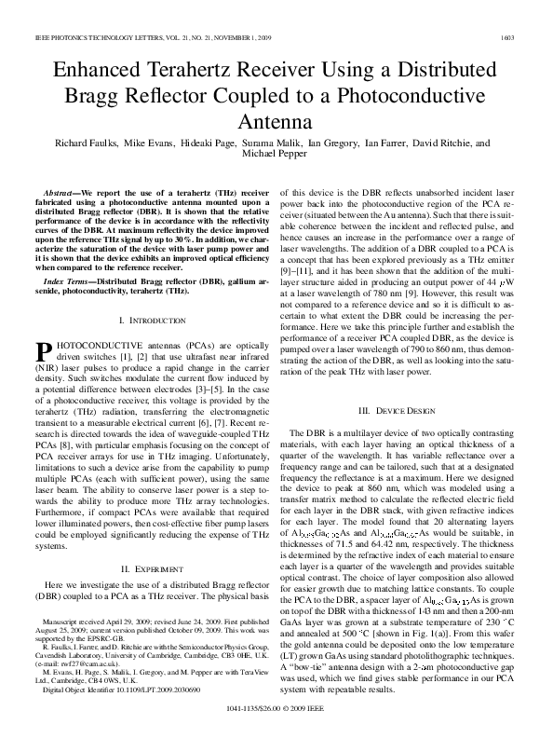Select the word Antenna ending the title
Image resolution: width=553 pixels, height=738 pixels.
pos(276,121)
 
